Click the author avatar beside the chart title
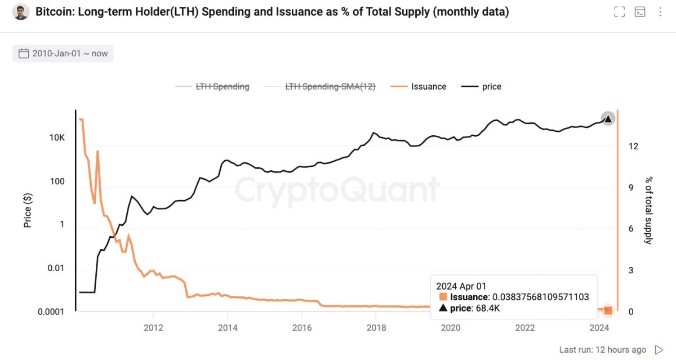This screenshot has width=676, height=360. pos(21,12)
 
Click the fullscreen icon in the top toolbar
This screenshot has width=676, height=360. pos(619,12)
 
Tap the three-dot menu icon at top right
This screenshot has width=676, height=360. pos(660,12)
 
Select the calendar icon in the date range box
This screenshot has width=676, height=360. pos(24,54)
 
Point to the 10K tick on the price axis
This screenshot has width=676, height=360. pos(57,138)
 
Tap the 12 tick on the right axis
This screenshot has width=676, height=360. pos(633,146)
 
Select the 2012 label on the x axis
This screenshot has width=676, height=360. pos(153,327)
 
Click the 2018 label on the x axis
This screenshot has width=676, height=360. pos(376,327)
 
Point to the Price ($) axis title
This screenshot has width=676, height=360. pos(28,210)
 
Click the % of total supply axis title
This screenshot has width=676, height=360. pos(648,210)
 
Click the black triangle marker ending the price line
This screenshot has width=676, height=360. pos(607,118)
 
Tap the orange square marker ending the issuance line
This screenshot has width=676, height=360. pos(608,310)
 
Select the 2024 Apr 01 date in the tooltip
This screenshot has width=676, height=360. pos(461,286)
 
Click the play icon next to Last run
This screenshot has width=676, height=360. pos(659,350)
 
